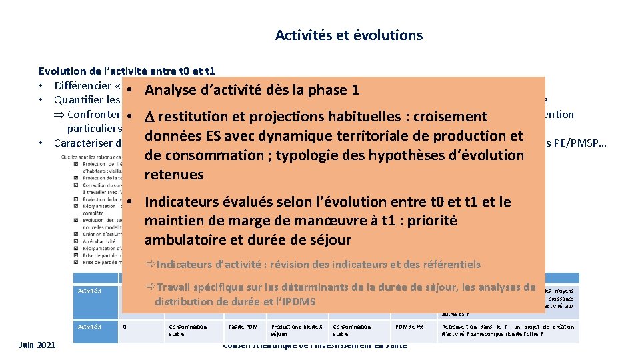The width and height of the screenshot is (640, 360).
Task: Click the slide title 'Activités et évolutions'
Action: click(349, 35)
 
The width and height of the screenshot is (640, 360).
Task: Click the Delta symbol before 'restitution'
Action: click(149, 117)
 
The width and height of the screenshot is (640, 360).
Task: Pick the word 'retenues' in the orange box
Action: click(174, 175)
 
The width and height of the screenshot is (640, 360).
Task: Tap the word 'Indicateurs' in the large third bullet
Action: click(186, 201)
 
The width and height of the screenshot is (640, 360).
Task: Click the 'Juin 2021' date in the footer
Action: click(38, 344)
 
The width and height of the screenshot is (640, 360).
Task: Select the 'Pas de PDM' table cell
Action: click(244, 327)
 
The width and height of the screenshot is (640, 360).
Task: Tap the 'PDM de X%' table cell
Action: click(410, 327)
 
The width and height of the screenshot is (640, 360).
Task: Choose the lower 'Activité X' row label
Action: click(89, 327)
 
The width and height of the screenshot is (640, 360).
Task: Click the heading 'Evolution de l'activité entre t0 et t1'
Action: click(127, 71)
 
